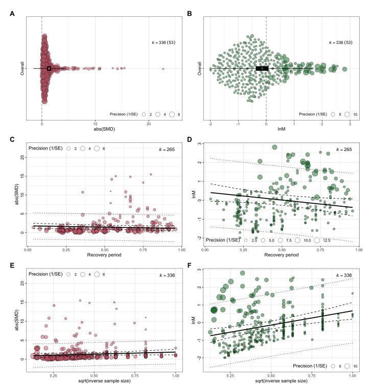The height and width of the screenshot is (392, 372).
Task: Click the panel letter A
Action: coord(12,14)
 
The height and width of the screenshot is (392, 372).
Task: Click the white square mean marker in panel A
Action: coord(49,68)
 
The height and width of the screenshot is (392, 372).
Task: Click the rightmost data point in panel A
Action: coord(163,68)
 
